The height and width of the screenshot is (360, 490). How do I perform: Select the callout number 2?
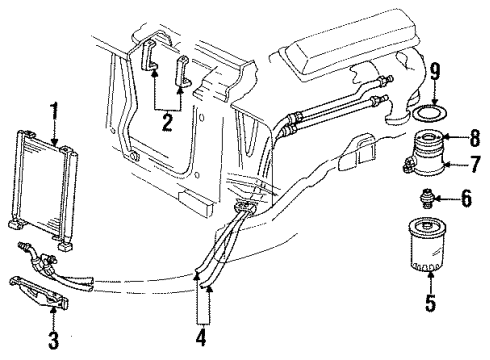pos(167,124)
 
